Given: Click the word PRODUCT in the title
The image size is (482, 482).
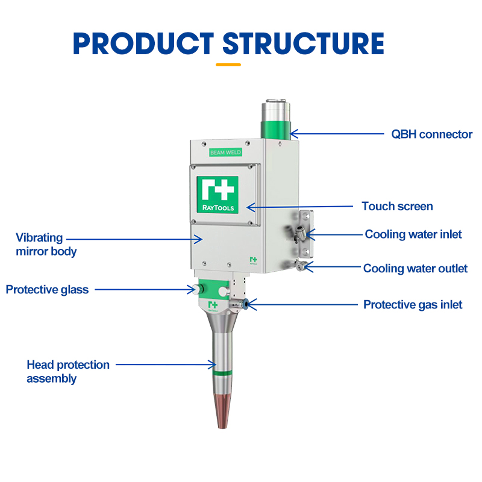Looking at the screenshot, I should tap(143, 43).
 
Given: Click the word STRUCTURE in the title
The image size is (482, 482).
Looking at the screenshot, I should tap(303, 43).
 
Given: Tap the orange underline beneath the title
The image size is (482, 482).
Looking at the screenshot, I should tap(228, 64).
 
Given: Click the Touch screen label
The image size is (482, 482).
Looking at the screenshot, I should tap(397, 207).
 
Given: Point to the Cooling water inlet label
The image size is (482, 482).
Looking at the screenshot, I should tap(413, 234).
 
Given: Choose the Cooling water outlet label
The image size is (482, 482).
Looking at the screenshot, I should tap(415, 269).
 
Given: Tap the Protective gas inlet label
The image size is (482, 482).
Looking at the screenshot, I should tap(413, 305).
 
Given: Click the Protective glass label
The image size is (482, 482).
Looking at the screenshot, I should tap(47, 290).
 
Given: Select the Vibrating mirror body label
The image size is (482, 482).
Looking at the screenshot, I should tap(46, 245).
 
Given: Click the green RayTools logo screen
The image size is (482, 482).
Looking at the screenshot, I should tap(218, 194).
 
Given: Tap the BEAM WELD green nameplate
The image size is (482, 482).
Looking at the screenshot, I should tap(225, 152).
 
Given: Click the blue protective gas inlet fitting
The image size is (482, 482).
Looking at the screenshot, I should tap(247, 305).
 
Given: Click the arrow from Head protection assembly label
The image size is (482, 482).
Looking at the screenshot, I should tap(166, 365).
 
